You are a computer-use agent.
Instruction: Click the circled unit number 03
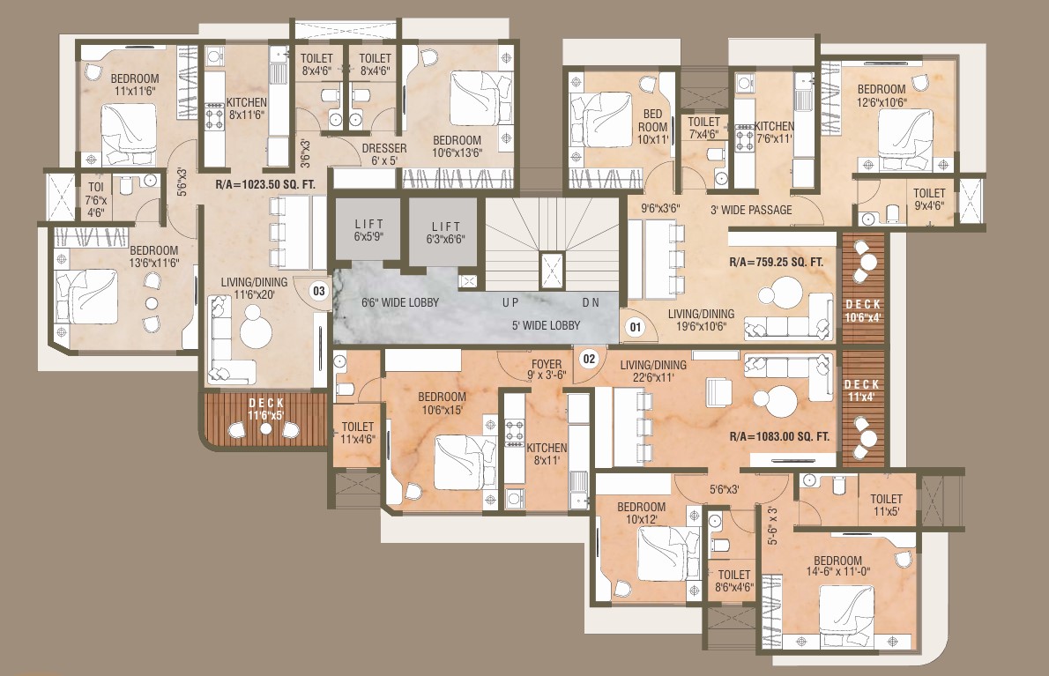(x=319, y=291)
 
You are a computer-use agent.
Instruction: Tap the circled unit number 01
(x=635, y=327)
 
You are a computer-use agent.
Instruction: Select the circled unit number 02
(x=589, y=359)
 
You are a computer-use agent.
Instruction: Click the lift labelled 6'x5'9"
(x=368, y=229)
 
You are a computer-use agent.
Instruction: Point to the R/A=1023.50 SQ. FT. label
(x=265, y=184)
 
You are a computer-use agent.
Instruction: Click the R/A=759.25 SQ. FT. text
(x=776, y=262)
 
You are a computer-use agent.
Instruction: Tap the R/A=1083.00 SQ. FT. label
(x=779, y=436)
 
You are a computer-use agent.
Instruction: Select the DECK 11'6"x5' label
(x=266, y=409)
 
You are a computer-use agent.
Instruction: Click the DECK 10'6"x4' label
(x=863, y=311)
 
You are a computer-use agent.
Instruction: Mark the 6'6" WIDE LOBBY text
(x=400, y=302)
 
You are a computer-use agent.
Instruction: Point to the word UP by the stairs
(x=510, y=302)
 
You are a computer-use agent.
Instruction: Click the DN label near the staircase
(x=591, y=302)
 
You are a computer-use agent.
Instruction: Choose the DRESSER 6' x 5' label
(x=384, y=154)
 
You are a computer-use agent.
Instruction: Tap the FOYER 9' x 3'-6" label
(x=547, y=370)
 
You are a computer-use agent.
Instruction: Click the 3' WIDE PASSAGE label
(x=751, y=210)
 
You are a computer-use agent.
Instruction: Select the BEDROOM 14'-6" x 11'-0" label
(x=837, y=566)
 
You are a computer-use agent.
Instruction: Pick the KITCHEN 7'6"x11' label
(x=774, y=132)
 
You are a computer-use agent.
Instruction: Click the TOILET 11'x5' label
(x=887, y=506)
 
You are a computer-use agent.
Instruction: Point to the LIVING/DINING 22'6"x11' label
(x=653, y=371)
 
